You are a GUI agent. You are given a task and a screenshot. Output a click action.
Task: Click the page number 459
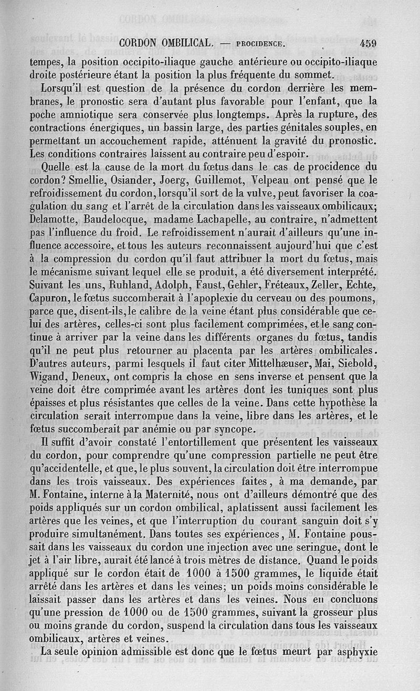368,44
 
